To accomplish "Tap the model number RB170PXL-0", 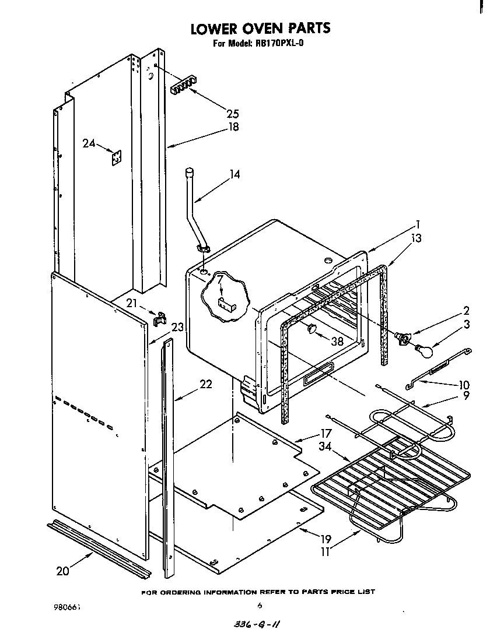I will pos(274,43).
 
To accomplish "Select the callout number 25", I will pos(232,114).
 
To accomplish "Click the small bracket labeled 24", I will pos(117,157).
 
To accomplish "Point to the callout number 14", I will pos(235,174).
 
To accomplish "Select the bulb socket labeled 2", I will pos(402,338).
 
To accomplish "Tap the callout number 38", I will pos(337,342).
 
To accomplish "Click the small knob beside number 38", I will pos(311,329).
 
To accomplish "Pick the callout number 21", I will pos(132,304).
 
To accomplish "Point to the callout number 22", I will pos(205,384).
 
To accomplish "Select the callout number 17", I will pos(325,433).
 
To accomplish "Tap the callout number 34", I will pos(325,446).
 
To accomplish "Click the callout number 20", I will pos(63,571).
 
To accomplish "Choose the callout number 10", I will pos(464,385).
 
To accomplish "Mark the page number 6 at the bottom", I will pos(259,605).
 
